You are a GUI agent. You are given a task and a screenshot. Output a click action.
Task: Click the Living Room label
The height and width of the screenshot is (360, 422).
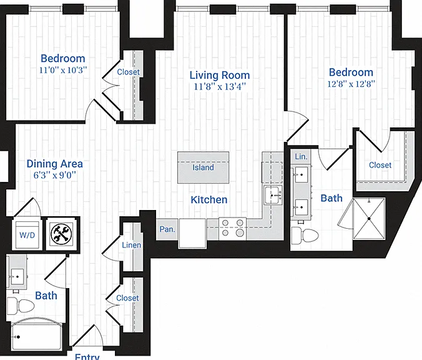pyautogui.click(x=220, y=75)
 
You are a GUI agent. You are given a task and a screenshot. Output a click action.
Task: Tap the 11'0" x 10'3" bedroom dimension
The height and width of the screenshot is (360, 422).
pyautogui.click(x=63, y=70)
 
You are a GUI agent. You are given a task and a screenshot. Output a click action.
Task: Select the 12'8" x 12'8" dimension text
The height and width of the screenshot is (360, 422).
pyautogui.click(x=351, y=84)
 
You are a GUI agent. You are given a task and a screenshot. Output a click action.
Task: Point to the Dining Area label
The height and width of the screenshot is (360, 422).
pyautogui.click(x=55, y=164)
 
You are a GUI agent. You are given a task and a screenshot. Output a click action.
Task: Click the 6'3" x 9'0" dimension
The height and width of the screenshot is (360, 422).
pyautogui.click(x=55, y=175)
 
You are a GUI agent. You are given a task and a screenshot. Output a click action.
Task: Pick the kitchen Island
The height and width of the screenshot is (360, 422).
pyautogui.click(x=203, y=167)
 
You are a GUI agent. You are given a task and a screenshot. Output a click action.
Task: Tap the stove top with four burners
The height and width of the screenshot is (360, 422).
pyautogui.click(x=232, y=229)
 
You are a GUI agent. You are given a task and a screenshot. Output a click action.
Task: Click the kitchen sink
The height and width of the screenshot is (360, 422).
pyautogui.click(x=273, y=195)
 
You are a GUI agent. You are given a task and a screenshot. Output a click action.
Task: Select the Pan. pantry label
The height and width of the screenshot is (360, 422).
pyautogui.click(x=167, y=229)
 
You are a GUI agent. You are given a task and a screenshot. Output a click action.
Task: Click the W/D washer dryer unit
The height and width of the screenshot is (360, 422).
pyautogui.click(x=27, y=235)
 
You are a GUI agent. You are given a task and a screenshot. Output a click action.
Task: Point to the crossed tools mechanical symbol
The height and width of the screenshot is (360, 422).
pyautogui.click(x=62, y=233)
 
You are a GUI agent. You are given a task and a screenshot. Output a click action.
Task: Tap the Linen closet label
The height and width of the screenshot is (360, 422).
pyautogui.click(x=131, y=245)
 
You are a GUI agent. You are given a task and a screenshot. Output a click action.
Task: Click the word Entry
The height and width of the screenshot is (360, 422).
pyautogui.click(x=87, y=356)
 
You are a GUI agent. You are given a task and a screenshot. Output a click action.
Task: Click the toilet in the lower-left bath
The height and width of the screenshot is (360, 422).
pyautogui.click(x=21, y=306)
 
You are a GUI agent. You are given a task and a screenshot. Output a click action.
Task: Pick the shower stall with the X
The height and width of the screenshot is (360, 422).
pyautogui.click(x=369, y=219)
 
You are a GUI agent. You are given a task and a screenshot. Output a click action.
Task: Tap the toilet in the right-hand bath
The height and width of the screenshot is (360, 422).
pyautogui.click(x=305, y=235)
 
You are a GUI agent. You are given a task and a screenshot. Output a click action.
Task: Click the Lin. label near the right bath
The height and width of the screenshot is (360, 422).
pyautogui.click(x=301, y=156)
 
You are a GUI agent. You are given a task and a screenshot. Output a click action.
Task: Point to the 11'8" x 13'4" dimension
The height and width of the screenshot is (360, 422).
pyautogui.click(x=220, y=87)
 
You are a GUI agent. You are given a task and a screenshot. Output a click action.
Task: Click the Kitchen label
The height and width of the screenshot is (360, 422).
pyautogui.click(x=209, y=199)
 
